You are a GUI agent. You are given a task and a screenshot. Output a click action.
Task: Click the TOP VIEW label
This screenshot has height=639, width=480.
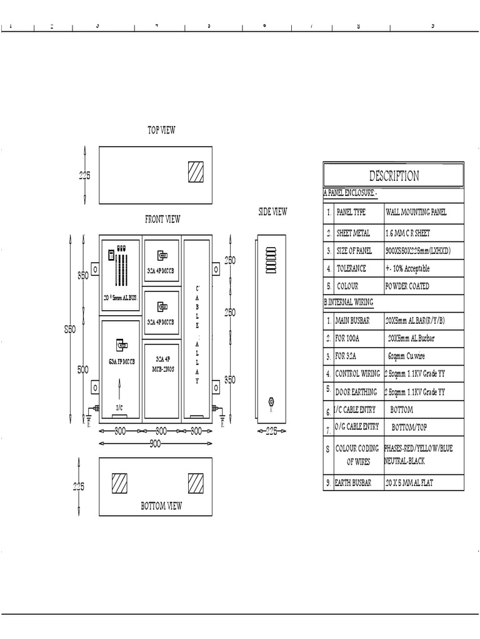click(x=161, y=130)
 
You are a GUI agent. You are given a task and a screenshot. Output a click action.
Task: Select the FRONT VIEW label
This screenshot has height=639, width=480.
click(x=162, y=219)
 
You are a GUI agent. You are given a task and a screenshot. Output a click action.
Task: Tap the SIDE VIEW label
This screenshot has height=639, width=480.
click(x=272, y=212)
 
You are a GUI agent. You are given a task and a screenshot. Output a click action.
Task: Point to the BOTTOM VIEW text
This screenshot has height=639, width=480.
click(x=161, y=506)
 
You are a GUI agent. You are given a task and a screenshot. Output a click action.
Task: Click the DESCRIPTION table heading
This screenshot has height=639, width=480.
click(x=394, y=176)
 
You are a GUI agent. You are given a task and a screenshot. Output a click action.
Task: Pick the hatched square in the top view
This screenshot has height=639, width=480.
click(x=196, y=172)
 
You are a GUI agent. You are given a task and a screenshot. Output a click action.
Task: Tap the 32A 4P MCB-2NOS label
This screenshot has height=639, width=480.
click(x=161, y=364)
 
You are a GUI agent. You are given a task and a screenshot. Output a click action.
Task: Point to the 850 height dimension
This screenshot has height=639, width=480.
click(x=69, y=331)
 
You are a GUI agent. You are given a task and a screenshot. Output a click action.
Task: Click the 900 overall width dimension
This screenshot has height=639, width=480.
click(x=155, y=444)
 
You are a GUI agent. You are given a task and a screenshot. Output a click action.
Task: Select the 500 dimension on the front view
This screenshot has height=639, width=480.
click(x=82, y=369)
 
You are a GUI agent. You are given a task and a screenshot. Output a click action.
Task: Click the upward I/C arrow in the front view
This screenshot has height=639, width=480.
click(x=119, y=392)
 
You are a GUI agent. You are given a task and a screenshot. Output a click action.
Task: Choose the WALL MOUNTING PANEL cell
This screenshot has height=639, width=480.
click(x=416, y=212)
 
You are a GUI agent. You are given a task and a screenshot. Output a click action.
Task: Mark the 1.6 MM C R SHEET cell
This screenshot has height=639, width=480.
click(x=408, y=233)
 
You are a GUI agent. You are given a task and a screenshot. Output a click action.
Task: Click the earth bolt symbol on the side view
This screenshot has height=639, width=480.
click(x=271, y=401)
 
